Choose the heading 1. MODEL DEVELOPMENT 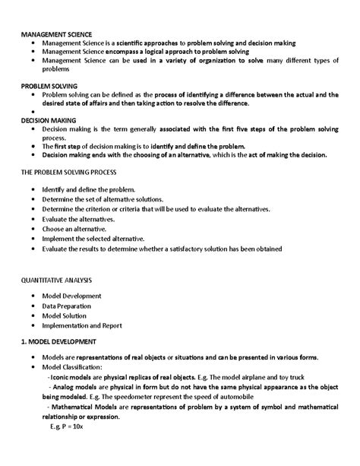pyautogui.click(x=64, y=342)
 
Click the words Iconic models pyautogui.click(x=73, y=377)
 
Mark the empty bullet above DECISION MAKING pyautogui.click(x=34, y=112)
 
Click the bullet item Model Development pyautogui.click(x=71, y=295)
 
